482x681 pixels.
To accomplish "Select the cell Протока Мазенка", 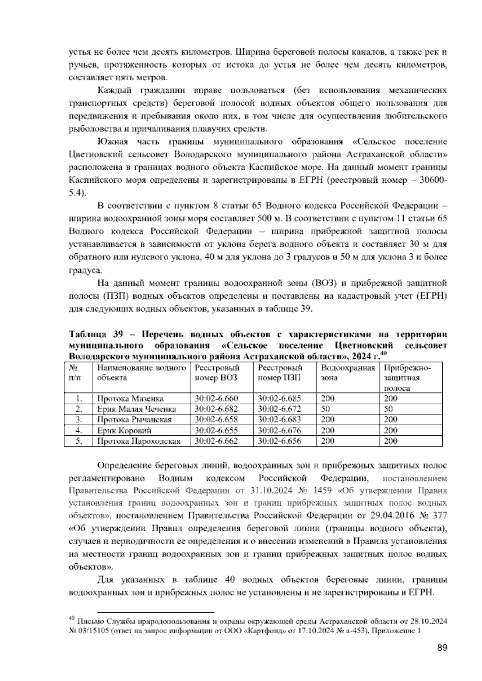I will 131,398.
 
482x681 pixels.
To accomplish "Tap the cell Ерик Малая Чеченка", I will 137,409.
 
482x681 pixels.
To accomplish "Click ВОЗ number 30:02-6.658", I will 216,420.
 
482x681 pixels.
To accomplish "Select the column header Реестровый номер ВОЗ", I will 217,373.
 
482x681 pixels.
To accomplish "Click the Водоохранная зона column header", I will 348,373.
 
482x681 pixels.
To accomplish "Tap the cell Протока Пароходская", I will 139,441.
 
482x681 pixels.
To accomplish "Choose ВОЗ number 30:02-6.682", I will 216,409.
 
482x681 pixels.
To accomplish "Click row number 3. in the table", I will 79,420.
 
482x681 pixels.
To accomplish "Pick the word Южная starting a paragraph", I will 113,142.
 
